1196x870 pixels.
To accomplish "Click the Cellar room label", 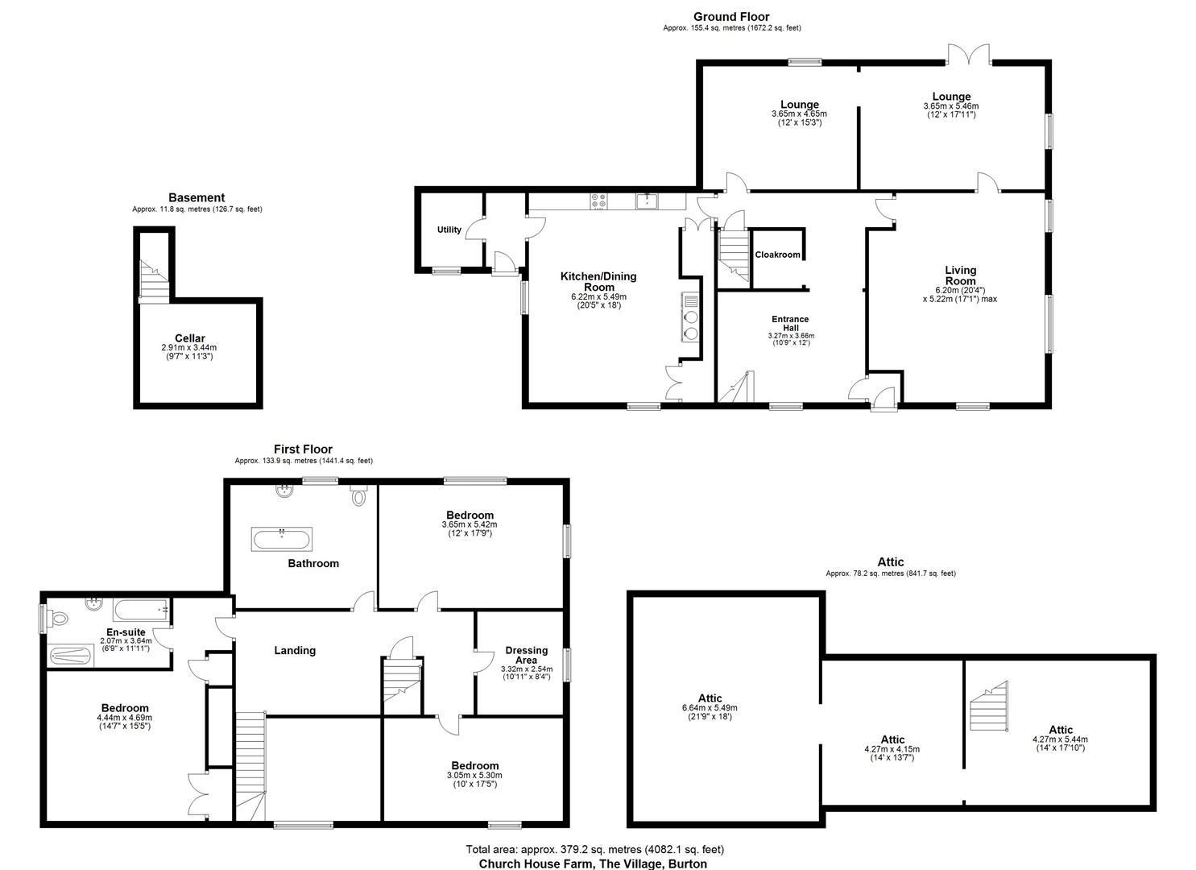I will point(190,338).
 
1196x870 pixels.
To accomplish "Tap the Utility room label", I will point(449,230).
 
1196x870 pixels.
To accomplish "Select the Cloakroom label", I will point(778,255).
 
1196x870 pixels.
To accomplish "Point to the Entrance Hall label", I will point(788,324).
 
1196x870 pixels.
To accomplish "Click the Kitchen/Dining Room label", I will point(598,281).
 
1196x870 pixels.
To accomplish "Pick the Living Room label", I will point(960,275).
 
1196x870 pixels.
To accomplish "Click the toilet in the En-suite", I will point(59,619).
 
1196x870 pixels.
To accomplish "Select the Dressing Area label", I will point(526,655).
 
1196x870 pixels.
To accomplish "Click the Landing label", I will point(295,650).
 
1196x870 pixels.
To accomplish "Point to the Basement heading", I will point(197,197).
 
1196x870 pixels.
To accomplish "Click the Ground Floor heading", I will point(731,16).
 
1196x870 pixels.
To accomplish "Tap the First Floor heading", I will point(303,449).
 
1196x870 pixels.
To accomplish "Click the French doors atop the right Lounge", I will point(968,56).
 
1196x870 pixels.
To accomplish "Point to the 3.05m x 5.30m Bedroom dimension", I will point(474,776).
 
